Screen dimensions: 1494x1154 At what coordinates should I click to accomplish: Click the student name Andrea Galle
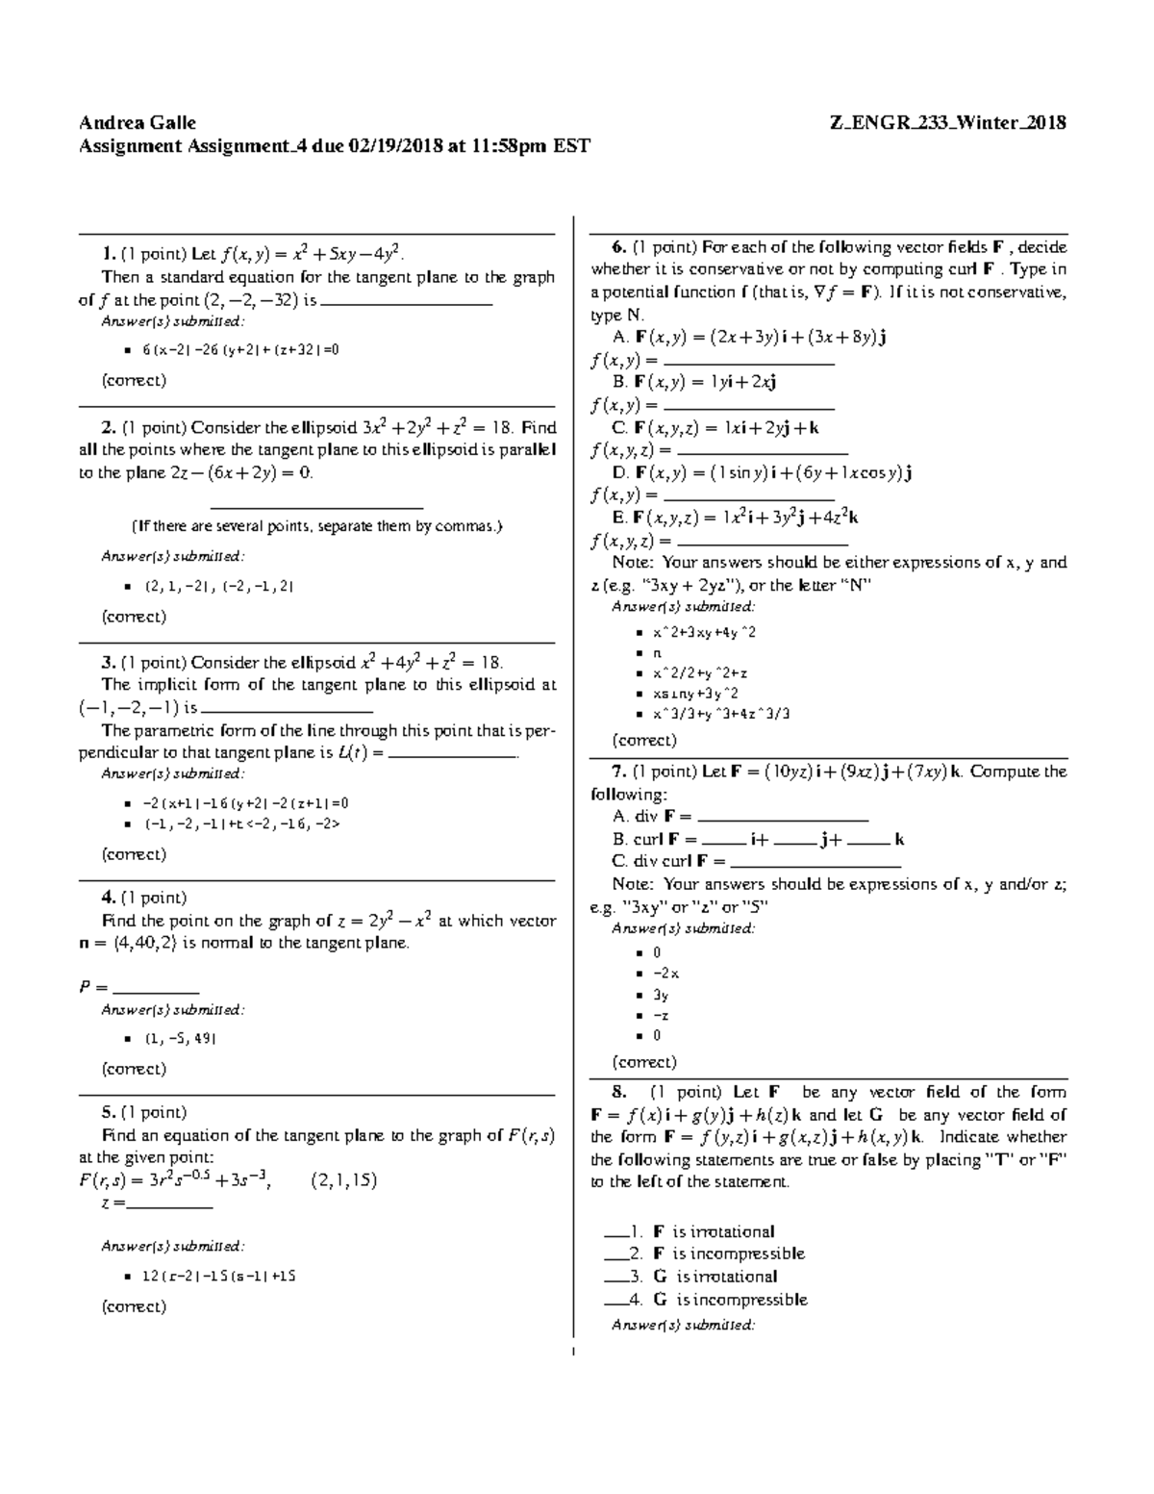(x=138, y=122)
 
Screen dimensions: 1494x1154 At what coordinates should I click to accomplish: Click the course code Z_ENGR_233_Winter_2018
(x=947, y=122)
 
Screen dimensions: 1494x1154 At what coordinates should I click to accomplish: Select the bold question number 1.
(x=108, y=254)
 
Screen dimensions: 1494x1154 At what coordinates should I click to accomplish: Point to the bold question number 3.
(x=108, y=662)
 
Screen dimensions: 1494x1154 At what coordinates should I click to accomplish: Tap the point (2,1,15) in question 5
(x=344, y=1180)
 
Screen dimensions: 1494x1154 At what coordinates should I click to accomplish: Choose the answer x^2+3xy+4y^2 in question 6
(x=704, y=632)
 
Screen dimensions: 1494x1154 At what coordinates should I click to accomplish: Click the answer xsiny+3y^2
(x=695, y=693)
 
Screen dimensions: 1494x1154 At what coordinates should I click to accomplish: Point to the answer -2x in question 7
(x=665, y=973)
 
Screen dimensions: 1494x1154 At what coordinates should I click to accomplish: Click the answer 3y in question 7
(x=661, y=995)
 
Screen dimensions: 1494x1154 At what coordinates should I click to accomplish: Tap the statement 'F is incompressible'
(x=728, y=1253)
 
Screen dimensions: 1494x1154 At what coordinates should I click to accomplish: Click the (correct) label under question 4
(x=134, y=1069)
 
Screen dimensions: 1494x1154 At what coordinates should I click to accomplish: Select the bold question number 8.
(x=618, y=1092)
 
